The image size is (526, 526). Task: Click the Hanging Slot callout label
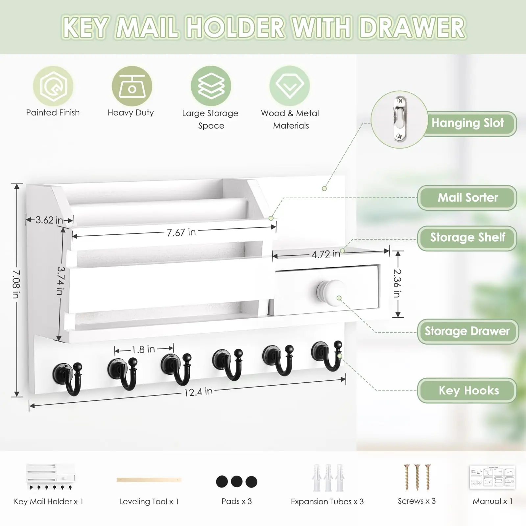(467, 123)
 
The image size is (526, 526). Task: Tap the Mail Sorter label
(467, 198)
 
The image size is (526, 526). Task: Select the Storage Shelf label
(467, 238)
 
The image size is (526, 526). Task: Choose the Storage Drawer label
(467, 331)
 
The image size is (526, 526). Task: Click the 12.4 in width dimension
(198, 392)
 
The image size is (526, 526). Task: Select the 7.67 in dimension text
(181, 232)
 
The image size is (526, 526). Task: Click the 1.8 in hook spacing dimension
(143, 349)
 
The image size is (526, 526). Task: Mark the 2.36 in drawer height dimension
(397, 283)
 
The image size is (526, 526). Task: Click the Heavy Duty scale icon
(132, 86)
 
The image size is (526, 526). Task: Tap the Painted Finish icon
(53, 86)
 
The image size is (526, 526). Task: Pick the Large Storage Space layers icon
(211, 86)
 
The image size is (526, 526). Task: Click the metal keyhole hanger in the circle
(400, 119)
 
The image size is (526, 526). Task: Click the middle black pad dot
(237, 482)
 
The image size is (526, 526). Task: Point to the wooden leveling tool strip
(149, 480)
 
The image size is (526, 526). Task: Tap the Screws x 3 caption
(417, 501)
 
